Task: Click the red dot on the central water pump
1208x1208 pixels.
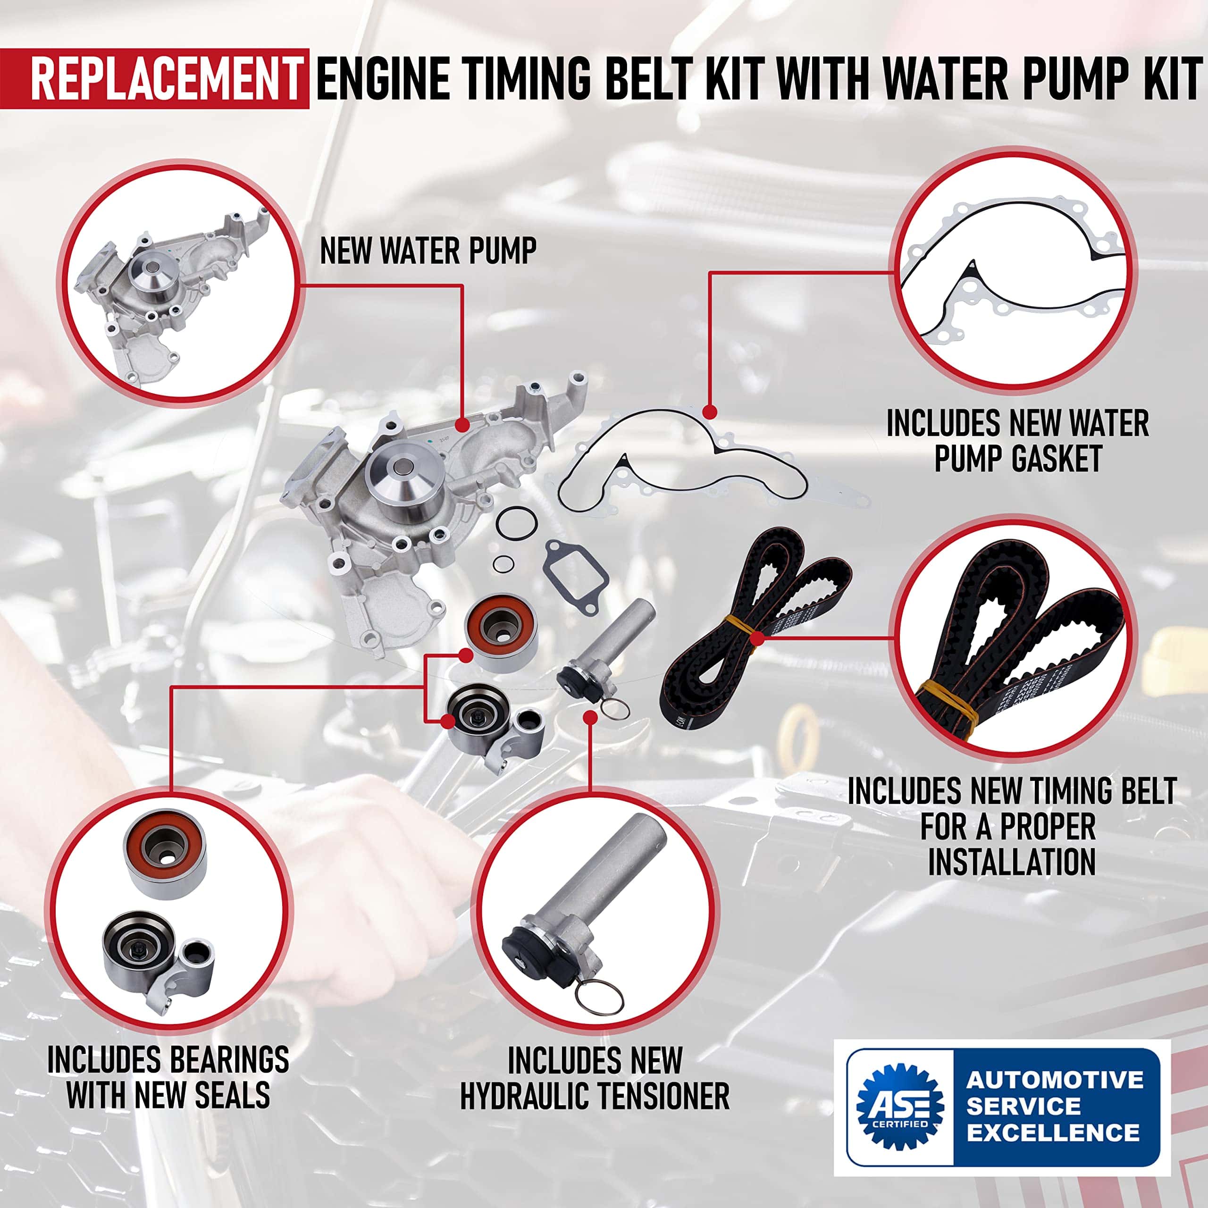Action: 462,425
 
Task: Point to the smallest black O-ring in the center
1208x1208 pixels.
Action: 503,564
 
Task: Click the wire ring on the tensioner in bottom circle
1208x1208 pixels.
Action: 599,995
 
